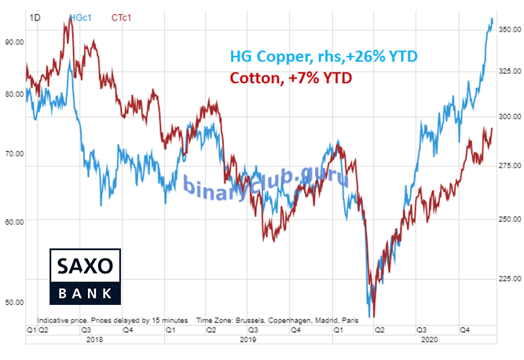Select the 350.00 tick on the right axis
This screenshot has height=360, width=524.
coord(509,29)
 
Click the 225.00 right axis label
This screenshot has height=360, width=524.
coord(509,278)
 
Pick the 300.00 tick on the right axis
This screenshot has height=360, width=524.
coord(509,116)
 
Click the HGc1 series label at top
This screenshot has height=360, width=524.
coord(79,16)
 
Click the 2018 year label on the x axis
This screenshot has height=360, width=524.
coord(94,340)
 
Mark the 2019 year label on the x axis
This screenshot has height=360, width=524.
coord(247,340)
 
